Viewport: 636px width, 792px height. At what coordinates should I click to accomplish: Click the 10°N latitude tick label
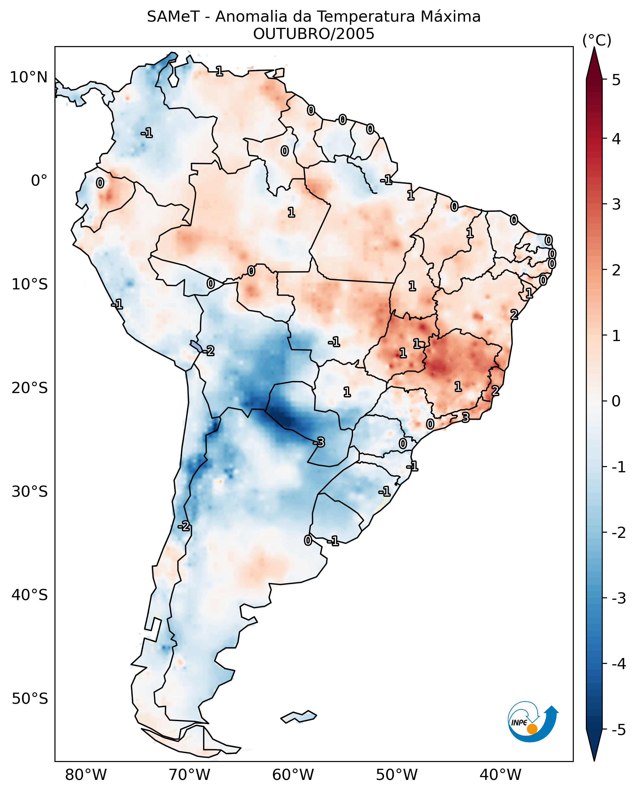[x=29, y=77]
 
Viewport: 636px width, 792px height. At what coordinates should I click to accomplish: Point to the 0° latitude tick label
[x=39, y=181]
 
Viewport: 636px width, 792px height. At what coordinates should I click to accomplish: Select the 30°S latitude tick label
[x=29, y=491]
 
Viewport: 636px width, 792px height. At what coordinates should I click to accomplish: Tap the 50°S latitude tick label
[x=29, y=699]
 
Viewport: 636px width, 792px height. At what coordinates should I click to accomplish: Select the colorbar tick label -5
[x=618, y=730]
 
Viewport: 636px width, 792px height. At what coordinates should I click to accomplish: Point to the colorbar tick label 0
[x=616, y=401]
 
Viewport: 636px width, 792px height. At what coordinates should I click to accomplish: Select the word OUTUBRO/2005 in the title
[x=314, y=34]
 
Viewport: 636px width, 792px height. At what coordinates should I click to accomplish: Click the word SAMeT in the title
[x=173, y=17]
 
